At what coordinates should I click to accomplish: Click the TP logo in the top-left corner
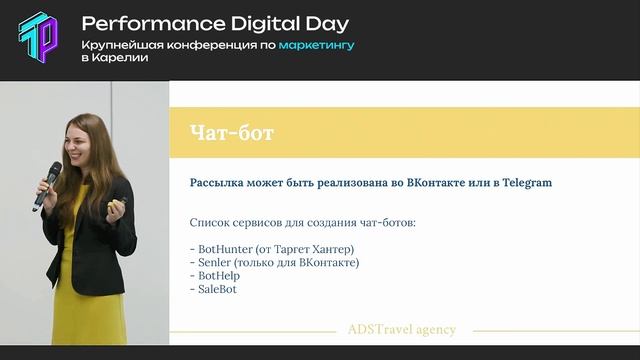point(39,39)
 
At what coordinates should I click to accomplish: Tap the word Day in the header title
point(325,22)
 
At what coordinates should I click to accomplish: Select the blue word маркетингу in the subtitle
point(316,44)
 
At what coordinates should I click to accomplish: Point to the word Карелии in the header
point(122,58)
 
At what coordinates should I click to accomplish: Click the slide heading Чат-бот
point(231,132)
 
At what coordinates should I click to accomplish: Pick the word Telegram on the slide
point(521,183)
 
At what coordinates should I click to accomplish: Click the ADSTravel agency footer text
point(401,329)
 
